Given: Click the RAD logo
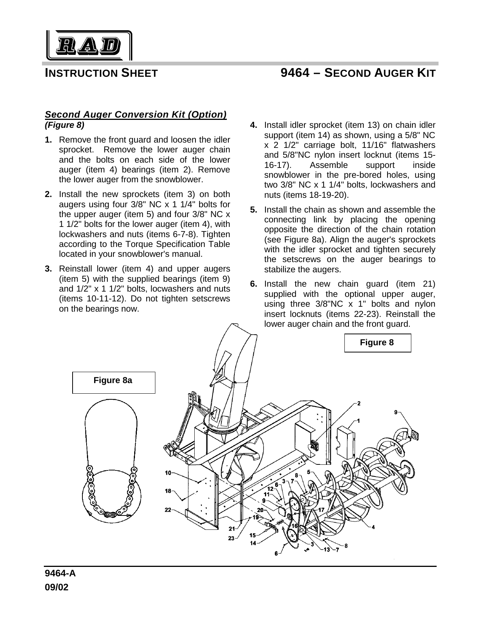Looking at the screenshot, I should coord(89,46).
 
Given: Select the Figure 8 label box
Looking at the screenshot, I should coord(377,343).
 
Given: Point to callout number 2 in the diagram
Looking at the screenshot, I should coord(359,403).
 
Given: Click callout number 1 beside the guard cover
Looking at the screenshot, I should coord(358,421).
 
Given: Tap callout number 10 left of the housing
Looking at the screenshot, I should coord(168,472).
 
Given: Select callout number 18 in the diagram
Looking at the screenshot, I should coord(168,491).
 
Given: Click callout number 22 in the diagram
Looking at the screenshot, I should coord(168,510).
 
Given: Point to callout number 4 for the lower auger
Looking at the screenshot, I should coord(373,527).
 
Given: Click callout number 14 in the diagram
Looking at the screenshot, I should coord(253,543).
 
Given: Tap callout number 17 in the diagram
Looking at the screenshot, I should coord(321,510).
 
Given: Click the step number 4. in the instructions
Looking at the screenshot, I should coord(254,125).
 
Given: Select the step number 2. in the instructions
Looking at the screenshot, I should coord(49,194).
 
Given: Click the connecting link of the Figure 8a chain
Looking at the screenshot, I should coord(110,514).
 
